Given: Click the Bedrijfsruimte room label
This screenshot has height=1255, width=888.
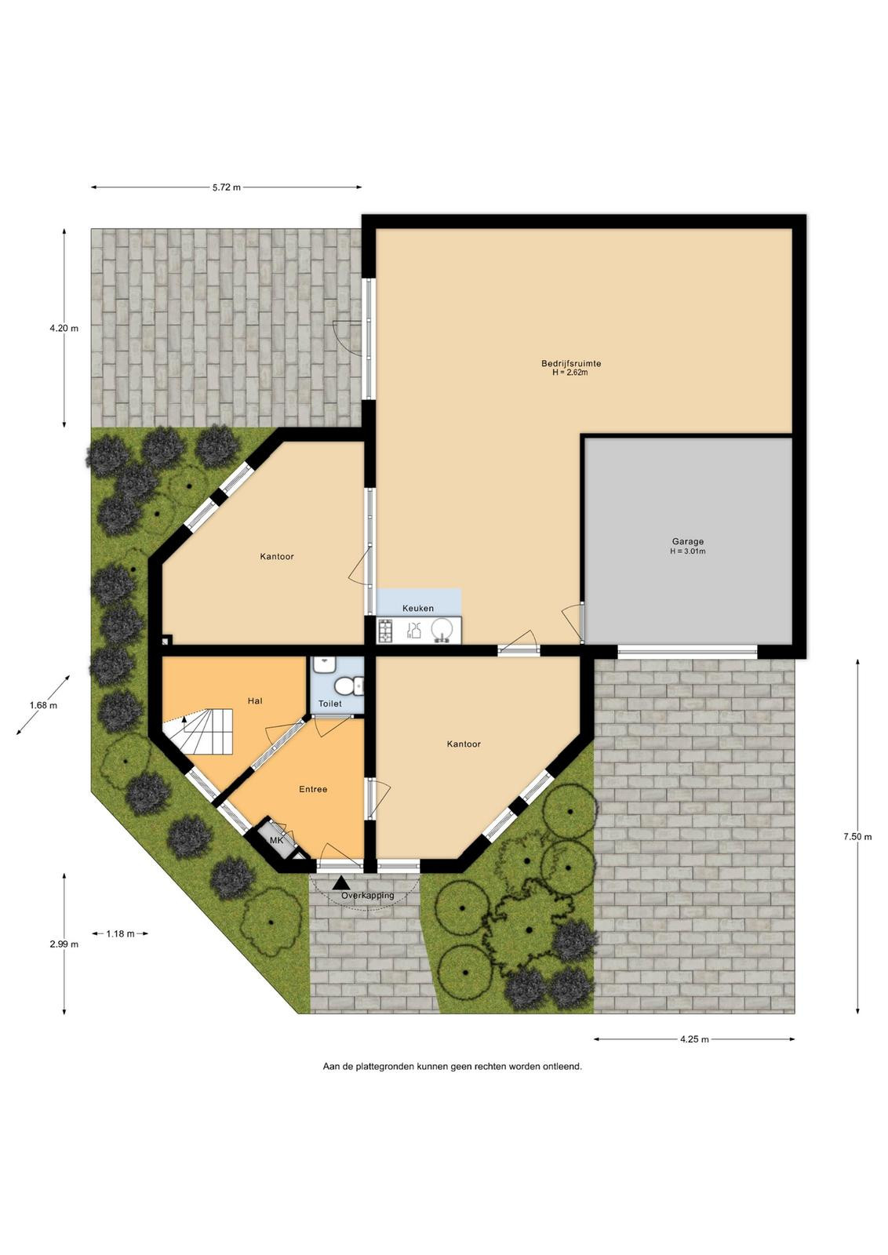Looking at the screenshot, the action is [571, 364].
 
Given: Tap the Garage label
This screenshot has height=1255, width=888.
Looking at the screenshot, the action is [687, 542].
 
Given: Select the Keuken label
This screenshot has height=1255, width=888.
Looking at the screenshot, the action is [418, 609].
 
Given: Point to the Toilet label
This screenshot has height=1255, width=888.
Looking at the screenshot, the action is [330, 704].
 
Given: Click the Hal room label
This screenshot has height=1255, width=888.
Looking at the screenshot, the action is [255, 701].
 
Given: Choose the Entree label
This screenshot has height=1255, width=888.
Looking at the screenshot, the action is [313, 789].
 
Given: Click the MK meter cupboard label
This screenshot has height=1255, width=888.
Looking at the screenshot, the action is [277, 840].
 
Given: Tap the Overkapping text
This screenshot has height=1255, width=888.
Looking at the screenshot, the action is [368, 896].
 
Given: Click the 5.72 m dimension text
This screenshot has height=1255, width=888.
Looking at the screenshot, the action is [227, 187].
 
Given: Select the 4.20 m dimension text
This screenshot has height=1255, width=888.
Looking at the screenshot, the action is [64, 329].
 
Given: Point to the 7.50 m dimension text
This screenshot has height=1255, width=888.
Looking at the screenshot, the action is [857, 837].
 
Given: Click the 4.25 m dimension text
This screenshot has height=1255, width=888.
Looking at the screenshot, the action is [694, 1039].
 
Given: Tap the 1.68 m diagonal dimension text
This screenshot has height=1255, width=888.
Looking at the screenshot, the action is [43, 705].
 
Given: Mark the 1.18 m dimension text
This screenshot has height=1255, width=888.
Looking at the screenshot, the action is [121, 933].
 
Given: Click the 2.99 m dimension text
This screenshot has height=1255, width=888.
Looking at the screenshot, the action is [64, 944].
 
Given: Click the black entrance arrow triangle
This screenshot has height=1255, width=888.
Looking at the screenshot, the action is [340, 884].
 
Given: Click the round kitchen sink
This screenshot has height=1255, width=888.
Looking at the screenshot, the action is [442, 630].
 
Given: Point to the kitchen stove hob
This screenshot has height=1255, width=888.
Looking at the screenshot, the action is [385, 630].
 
